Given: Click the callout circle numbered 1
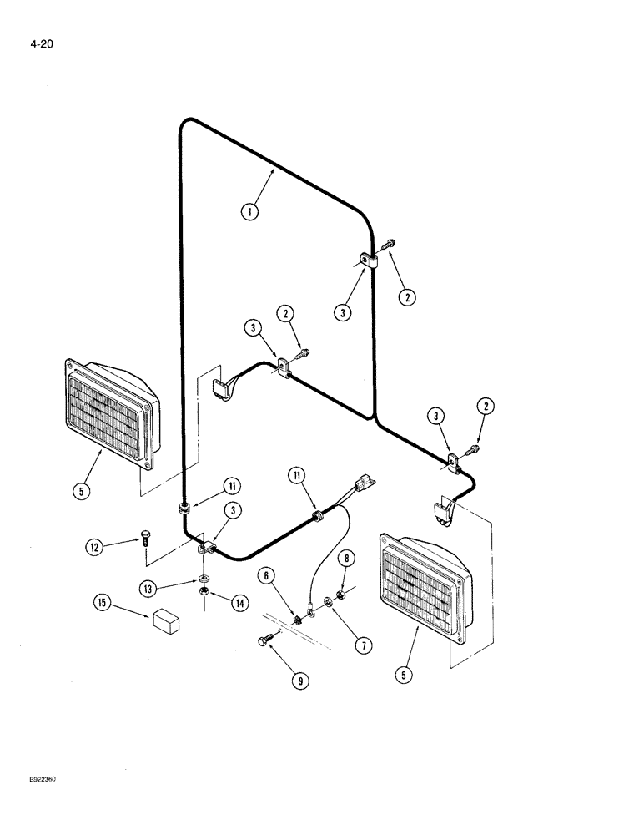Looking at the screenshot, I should (249, 211).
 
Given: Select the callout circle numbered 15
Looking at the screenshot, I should (103, 601).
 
